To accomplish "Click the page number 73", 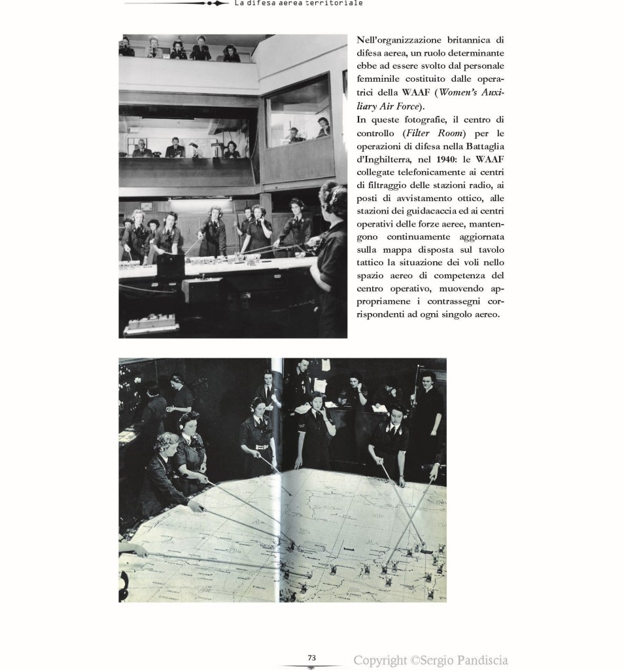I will [x=312, y=658].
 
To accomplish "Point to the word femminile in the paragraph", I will [x=378, y=80].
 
